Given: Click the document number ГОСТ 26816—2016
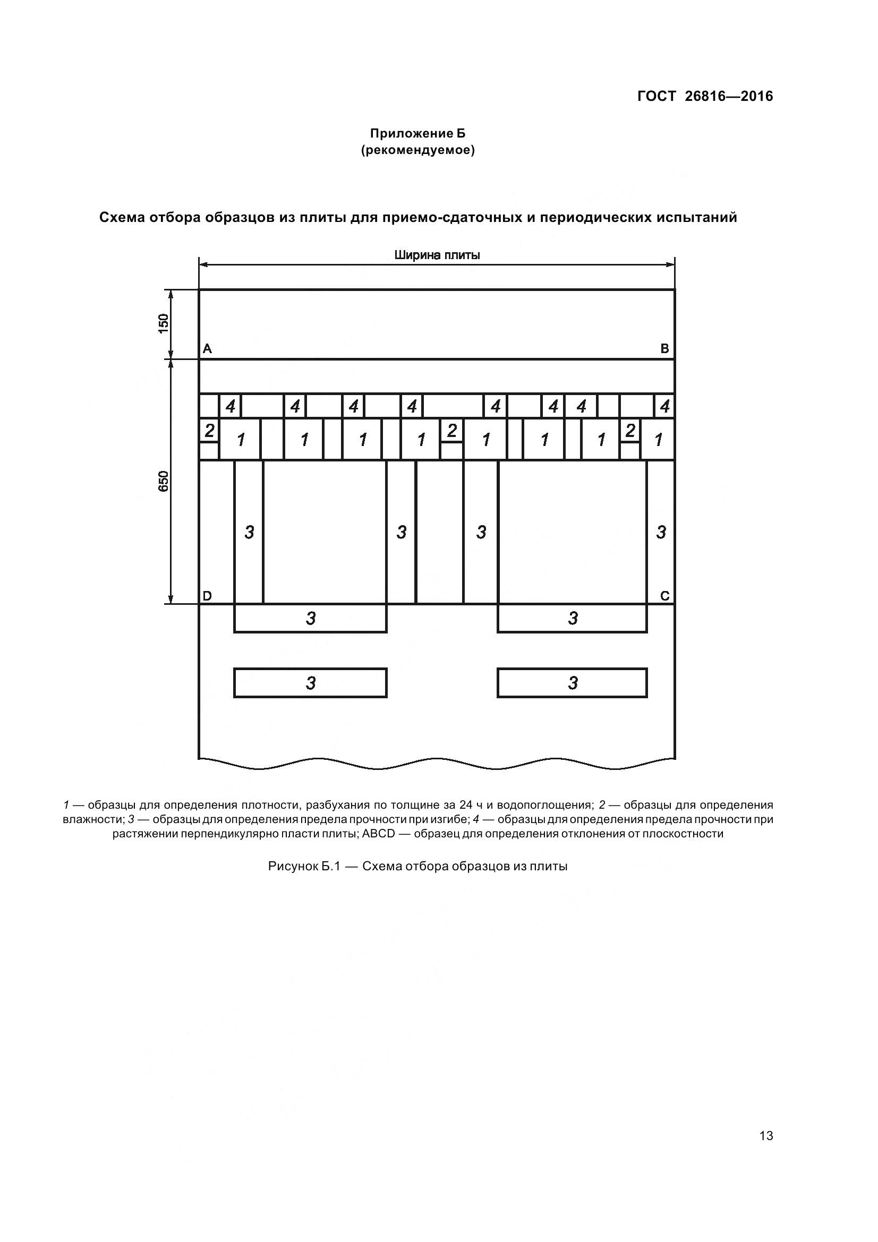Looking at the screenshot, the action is [x=705, y=96].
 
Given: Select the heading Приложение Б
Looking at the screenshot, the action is [x=417, y=133].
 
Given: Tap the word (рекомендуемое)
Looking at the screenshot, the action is [x=417, y=150].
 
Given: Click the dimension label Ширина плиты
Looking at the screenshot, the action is [x=437, y=255].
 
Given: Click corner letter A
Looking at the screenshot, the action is [x=207, y=349].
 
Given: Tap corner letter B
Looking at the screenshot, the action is [x=665, y=349].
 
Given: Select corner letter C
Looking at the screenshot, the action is [x=665, y=596].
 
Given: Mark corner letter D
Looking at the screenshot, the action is [x=207, y=596].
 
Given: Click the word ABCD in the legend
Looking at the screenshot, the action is [x=379, y=834].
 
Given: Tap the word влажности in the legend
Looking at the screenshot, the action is [x=93, y=819].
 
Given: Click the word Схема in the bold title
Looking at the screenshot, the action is [x=122, y=218].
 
